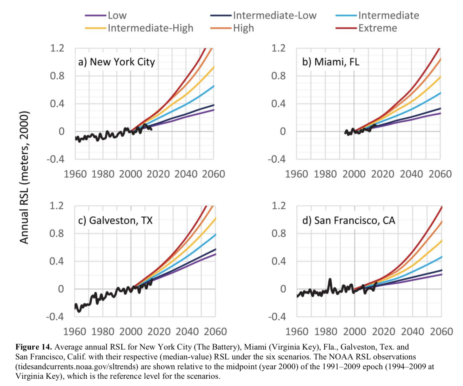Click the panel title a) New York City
(x=117, y=62)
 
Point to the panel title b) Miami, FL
(x=330, y=62)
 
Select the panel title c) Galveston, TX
(x=115, y=220)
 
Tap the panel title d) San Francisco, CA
(x=348, y=220)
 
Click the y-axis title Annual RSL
(x=24, y=177)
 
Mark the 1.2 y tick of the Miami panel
(x=278, y=48)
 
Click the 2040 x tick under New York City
(x=186, y=174)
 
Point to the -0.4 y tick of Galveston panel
(x=55, y=317)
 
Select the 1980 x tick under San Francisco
(x=326, y=332)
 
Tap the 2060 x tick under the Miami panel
(x=440, y=174)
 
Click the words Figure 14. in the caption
(x=34, y=347)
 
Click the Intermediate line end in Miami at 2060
(x=440, y=93)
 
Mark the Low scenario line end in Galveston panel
(x=215, y=254)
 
